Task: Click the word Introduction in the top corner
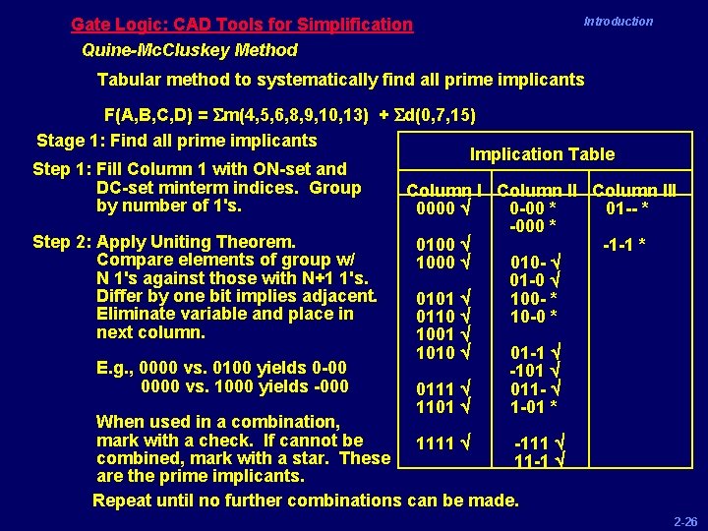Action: click(x=618, y=21)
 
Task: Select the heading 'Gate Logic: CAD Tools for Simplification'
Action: click(x=242, y=24)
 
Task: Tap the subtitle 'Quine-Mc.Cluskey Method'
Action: click(x=190, y=49)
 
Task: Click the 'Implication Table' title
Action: click(x=542, y=153)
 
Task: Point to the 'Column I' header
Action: click(x=443, y=190)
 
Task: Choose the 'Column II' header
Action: click(x=540, y=190)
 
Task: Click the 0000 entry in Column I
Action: click(x=436, y=208)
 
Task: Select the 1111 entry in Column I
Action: click(x=436, y=443)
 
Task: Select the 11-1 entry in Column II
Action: click(x=531, y=461)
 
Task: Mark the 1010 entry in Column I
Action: click(x=436, y=352)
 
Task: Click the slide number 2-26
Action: click(x=684, y=522)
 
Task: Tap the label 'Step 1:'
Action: click(x=64, y=169)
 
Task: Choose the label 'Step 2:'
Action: click(x=64, y=242)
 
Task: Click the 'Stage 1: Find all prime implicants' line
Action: click(x=177, y=141)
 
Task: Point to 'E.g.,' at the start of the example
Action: click(x=116, y=369)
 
